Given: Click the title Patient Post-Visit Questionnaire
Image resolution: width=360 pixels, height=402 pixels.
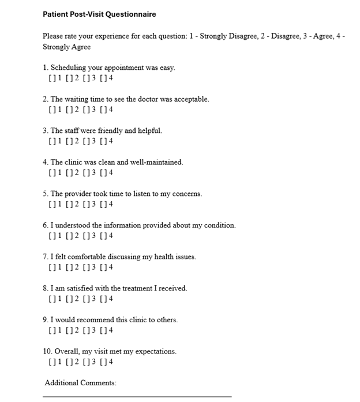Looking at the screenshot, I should coord(99,14).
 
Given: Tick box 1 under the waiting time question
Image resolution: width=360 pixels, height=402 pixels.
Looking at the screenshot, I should coord(52,110).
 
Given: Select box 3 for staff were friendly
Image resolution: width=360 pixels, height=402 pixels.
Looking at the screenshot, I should coord(86,141).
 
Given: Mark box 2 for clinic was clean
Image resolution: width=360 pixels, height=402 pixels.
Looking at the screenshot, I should coord(69,173).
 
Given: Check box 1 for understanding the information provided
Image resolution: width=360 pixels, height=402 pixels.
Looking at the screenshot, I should coord(52,236).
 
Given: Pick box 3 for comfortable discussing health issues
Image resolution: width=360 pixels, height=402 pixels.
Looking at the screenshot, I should coord(86,267).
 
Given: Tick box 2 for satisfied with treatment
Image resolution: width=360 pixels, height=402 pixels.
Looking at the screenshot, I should coord(69,299).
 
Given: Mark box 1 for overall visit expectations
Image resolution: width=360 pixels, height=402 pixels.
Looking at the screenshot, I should coord(52,362).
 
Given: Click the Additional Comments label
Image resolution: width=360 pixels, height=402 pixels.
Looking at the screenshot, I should coord(80,383).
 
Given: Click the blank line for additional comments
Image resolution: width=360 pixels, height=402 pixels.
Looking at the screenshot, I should coord(137,396).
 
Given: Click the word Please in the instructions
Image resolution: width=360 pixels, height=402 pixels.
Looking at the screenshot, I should coord(52,36).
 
